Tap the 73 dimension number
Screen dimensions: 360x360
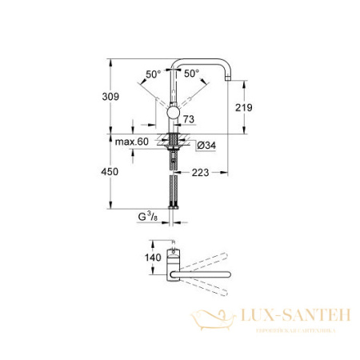point(189,119)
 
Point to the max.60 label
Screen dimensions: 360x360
point(131,142)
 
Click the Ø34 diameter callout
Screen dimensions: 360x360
point(203,144)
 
